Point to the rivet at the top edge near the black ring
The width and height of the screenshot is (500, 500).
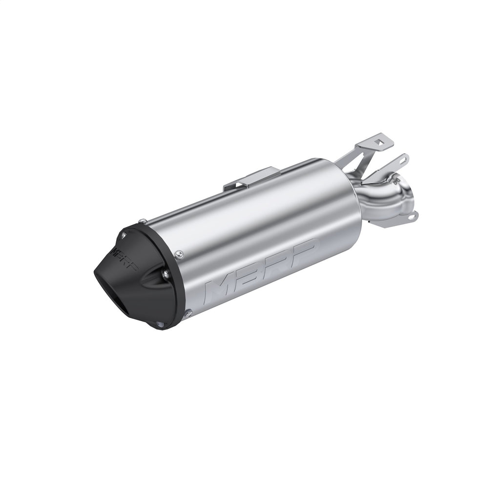click(139, 219)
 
